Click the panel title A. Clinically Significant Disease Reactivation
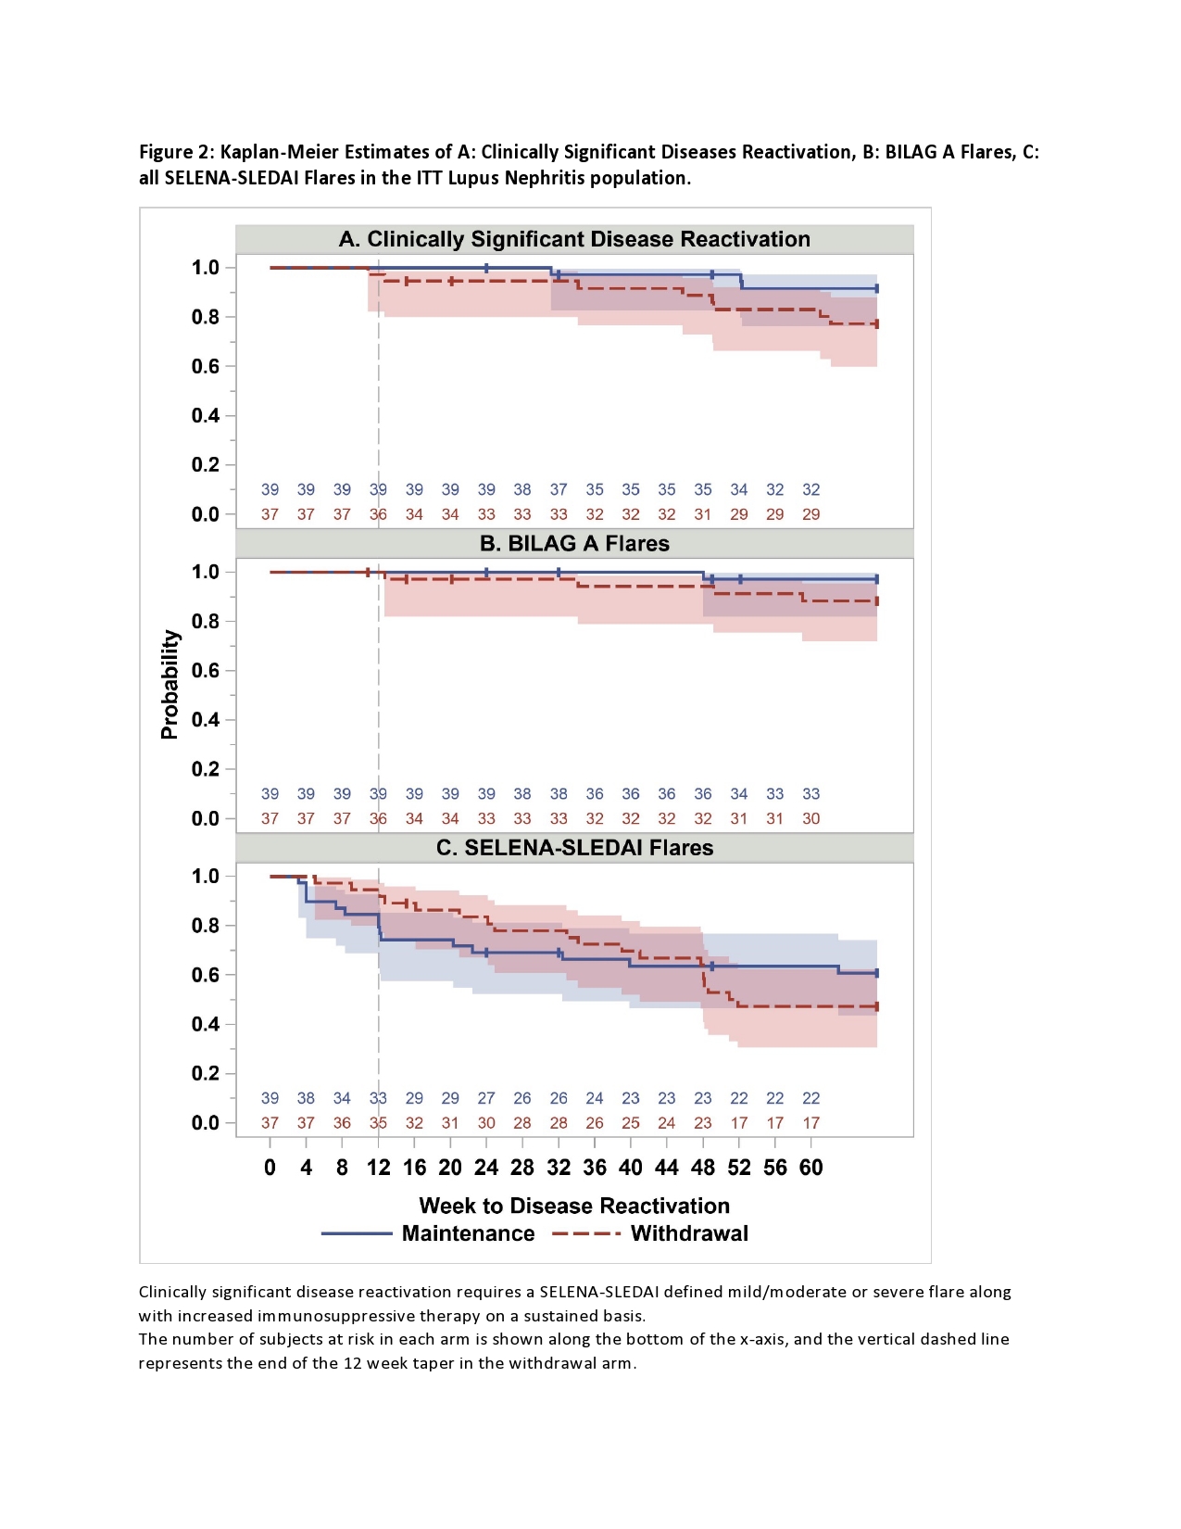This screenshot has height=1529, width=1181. [x=574, y=239]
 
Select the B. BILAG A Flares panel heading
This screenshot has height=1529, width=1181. [x=574, y=544]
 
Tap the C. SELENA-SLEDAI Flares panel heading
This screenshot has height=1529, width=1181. [x=574, y=848]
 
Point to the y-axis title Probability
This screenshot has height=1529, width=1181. [x=170, y=684]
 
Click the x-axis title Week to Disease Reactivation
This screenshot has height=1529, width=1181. [x=574, y=1206]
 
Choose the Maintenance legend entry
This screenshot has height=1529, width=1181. [x=468, y=1233]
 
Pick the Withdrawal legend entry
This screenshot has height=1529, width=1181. [x=689, y=1233]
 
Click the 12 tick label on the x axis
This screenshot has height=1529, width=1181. [x=378, y=1168]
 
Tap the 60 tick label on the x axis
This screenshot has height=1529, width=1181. [x=810, y=1168]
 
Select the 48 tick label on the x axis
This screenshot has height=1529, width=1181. [x=703, y=1168]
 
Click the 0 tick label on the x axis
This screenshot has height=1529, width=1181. [x=270, y=1168]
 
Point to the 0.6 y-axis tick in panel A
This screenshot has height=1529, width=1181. [x=206, y=366]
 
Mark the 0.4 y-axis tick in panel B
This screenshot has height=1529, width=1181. [x=206, y=720]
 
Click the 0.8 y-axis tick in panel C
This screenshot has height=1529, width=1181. [x=206, y=926]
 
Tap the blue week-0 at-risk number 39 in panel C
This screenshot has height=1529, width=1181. [x=270, y=1098]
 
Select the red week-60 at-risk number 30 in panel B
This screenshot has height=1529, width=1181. [x=810, y=819]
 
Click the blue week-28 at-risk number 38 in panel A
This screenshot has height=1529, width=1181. [x=522, y=489]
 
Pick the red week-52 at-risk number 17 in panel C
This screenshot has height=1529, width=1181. [x=739, y=1123]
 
